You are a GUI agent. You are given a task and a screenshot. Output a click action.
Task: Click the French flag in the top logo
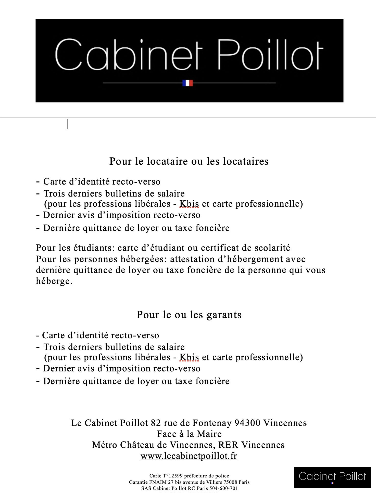click(187, 83)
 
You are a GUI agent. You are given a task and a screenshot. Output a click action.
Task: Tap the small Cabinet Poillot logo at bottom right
click(332, 477)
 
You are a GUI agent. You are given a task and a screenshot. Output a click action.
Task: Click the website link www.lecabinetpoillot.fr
click(189, 456)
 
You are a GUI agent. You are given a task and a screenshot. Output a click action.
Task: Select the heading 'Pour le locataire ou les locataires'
click(189, 161)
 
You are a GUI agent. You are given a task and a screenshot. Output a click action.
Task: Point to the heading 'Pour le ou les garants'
click(189, 315)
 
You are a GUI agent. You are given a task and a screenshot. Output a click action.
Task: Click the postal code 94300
click(247, 423)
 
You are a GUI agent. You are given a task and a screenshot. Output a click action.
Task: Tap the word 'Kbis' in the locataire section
click(189, 204)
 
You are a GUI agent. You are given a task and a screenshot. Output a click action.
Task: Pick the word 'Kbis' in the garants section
click(189, 357)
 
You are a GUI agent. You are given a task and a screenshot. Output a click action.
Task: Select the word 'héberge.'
click(54, 281)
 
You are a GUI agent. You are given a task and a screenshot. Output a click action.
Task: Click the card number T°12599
click(173, 476)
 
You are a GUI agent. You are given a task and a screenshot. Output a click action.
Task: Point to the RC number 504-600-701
click(223, 488)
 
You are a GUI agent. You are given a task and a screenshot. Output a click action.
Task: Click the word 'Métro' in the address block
click(105, 445)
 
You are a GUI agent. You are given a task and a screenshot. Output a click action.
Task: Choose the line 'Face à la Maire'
click(189, 434)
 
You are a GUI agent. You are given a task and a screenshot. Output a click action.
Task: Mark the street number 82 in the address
click(156, 423)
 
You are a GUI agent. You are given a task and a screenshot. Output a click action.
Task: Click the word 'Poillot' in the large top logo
click(270, 55)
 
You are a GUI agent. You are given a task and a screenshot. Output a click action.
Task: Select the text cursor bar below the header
click(67, 124)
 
